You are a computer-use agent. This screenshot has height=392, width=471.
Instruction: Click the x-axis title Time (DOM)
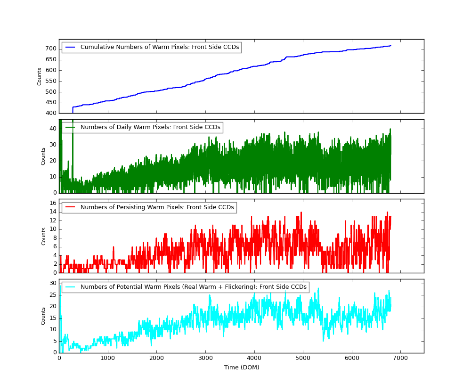pyautogui.click(x=241, y=367)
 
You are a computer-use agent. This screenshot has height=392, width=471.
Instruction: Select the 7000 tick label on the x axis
pyautogui.click(x=400, y=359)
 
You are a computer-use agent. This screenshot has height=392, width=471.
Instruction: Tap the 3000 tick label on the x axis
pyautogui.click(x=205, y=359)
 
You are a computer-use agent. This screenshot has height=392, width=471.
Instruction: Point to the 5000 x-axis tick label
pyautogui.click(x=303, y=359)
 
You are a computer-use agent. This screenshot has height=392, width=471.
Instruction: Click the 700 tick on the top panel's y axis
pyautogui.click(x=50, y=49)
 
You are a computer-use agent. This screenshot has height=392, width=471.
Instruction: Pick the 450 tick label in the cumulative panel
pyautogui.click(x=50, y=103)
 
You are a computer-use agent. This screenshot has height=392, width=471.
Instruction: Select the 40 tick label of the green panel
pyautogui.click(x=53, y=129)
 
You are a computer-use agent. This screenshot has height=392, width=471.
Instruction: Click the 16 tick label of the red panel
pyautogui.click(x=53, y=203)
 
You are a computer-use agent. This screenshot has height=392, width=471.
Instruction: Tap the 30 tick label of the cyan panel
pyautogui.click(x=53, y=283)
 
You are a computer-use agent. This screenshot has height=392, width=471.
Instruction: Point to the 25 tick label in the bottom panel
pyautogui.click(x=53, y=295)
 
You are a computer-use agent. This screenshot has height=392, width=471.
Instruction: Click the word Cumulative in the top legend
pyautogui.click(x=97, y=47)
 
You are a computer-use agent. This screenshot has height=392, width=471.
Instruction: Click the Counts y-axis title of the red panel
pyautogui.click(x=44, y=236)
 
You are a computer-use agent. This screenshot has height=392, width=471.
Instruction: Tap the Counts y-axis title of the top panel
pyautogui.click(x=40, y=76)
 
